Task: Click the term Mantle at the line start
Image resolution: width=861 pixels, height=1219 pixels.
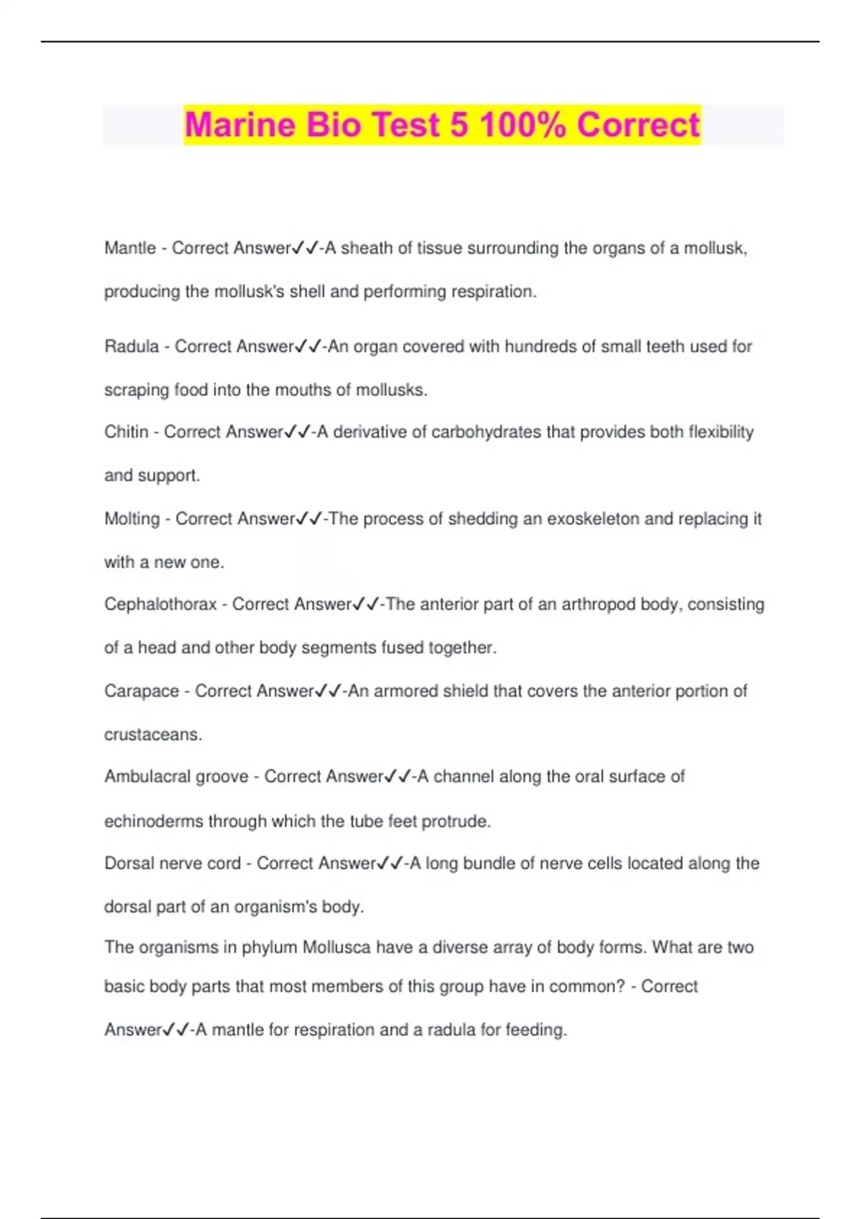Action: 130,248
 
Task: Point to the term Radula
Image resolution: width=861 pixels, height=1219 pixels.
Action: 131,346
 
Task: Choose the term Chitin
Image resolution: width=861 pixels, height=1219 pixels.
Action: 126,432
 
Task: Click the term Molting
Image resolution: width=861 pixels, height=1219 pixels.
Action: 132,518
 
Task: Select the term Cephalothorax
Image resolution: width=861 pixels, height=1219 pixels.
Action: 160,604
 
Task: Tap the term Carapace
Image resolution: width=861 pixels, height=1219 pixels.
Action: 141,691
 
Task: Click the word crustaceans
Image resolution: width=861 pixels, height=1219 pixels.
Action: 153,735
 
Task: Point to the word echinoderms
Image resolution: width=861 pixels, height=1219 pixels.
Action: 154,821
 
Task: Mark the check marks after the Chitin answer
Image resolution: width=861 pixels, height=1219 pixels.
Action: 298,432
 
